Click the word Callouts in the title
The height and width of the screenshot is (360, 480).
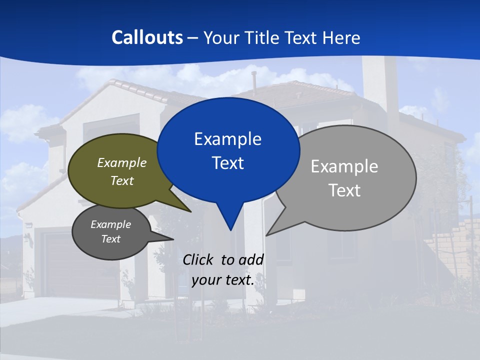point(147,37)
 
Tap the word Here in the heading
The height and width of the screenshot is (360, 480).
point(341,37)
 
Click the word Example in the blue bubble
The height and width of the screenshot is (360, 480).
point(227,139)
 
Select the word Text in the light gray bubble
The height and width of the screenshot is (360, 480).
point(344,190)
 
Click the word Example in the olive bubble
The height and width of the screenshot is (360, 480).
point(122,163)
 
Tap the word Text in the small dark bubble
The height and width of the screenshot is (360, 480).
point(111,239)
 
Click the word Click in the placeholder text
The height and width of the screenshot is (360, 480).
point(199,259)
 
